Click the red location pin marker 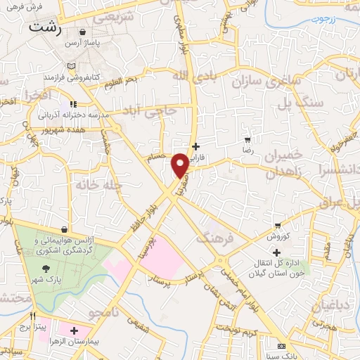click(180, 165)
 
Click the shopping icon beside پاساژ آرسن click(84, 32)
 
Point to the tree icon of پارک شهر click(46, 268)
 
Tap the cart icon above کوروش click(279, 226)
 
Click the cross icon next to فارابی click(195, 146)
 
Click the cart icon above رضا click(247, 139)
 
